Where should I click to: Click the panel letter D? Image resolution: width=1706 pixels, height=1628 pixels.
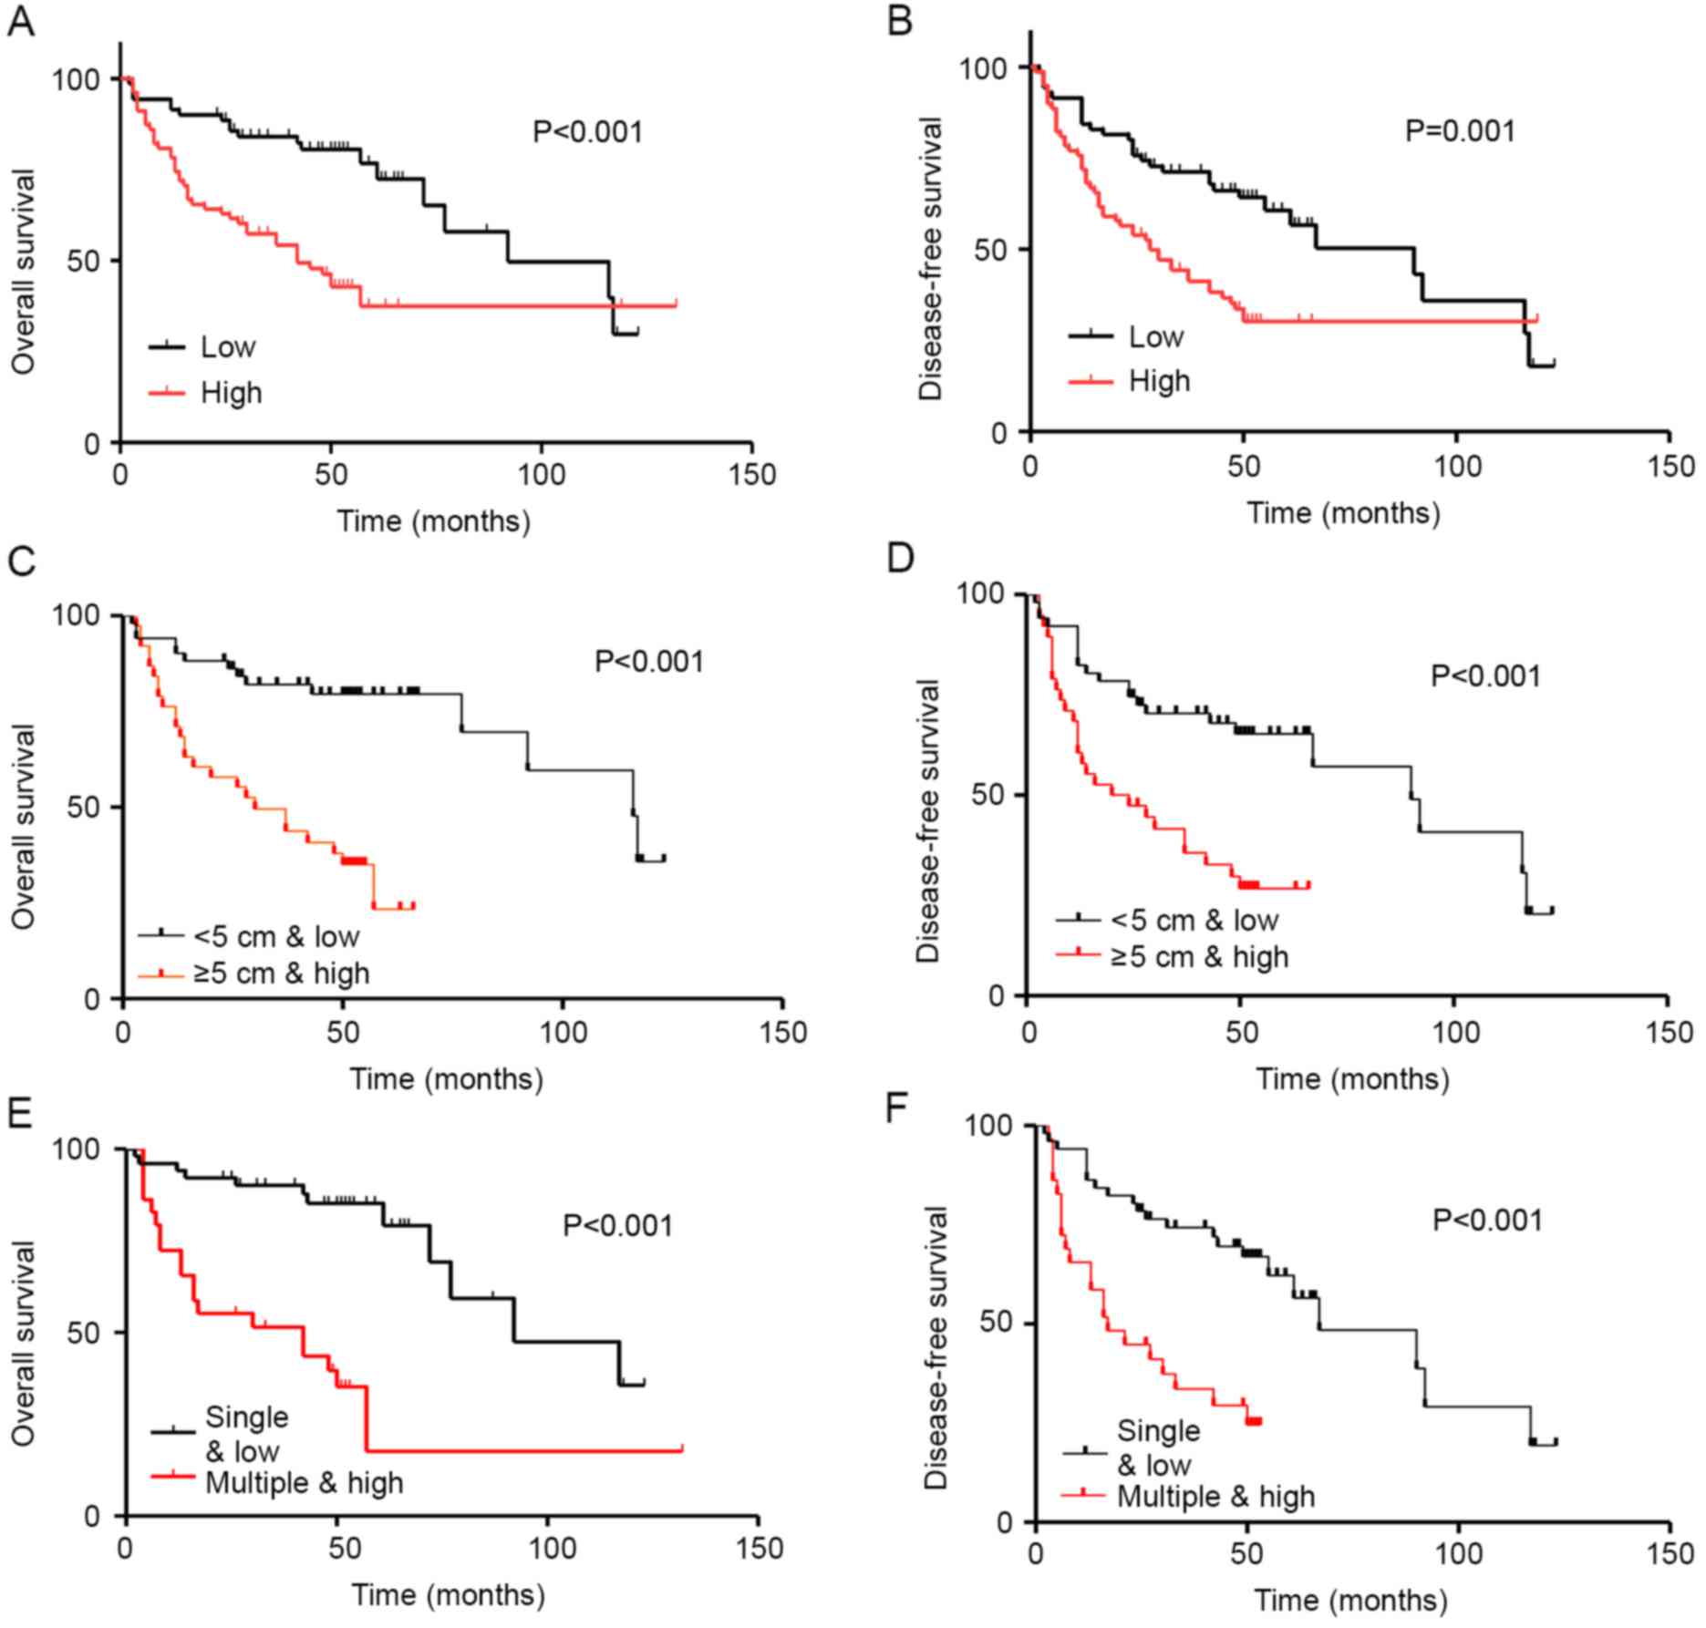tap(901, 558)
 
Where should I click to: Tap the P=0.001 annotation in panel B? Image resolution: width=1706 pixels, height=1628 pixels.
tap(1459, 131)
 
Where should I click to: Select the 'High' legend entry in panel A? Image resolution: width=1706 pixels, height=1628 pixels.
tap(231, 393)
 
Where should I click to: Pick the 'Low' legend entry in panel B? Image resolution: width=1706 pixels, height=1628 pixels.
tap(1155, 337)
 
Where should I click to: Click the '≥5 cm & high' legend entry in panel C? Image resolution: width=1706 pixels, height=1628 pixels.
tap(281, 974)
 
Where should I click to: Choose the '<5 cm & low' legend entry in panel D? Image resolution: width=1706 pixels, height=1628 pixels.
tap(1194, 921)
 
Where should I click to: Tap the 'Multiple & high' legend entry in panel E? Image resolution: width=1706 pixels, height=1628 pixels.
tap(304, 1483)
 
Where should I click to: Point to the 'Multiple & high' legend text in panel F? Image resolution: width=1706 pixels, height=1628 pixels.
tap(1215, 1497)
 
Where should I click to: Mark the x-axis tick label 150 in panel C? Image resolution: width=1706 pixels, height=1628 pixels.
tap(783, 1033)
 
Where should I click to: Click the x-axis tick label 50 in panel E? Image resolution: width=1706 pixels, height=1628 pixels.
tap(337, 1549)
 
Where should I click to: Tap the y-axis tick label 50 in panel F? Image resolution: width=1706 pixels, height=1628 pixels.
tap(1001, 1324)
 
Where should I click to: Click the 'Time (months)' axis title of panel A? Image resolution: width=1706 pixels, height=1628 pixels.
tap(433, 522)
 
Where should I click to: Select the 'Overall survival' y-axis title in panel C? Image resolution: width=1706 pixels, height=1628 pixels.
tap(25, 827)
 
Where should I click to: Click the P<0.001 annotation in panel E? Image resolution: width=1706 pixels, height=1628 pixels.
tap(617, 1226)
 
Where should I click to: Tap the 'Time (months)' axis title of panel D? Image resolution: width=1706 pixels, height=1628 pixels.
tap(1352, 1080)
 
